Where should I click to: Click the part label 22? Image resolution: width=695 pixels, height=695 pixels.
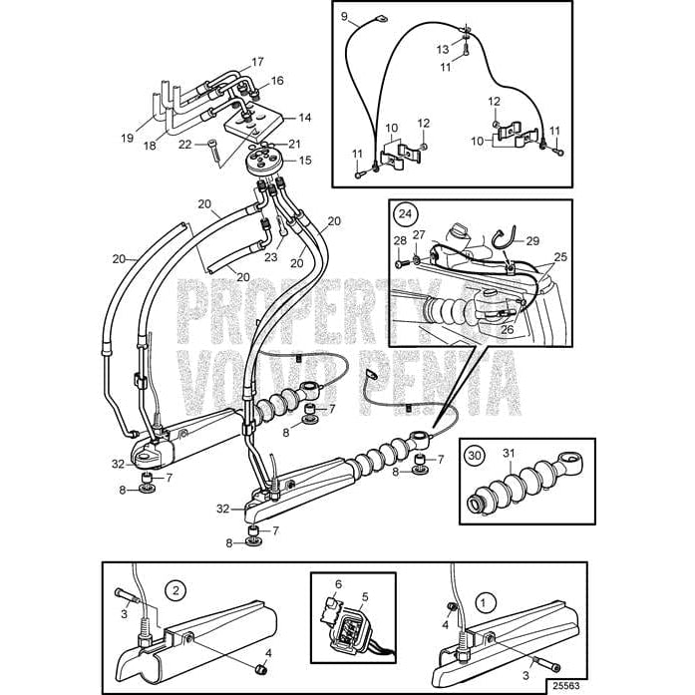click(185, 145)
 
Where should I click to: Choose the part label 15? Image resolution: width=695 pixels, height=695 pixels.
click(305, 160)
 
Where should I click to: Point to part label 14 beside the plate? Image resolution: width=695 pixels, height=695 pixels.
click(305, 118)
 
